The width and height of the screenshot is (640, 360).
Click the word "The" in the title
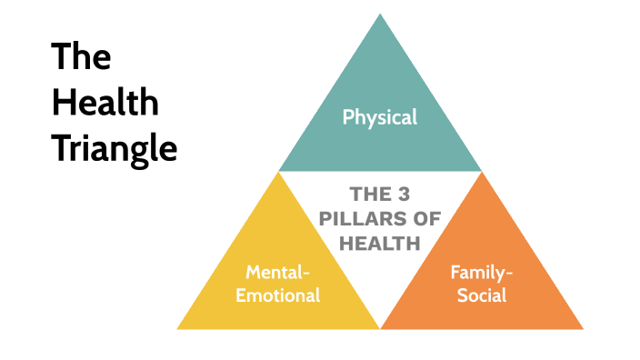[81, 57]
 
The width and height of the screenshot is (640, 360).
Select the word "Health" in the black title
[105, 102]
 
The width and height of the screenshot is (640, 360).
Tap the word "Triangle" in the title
[114, 147]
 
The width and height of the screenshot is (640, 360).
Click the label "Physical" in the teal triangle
[380, 116]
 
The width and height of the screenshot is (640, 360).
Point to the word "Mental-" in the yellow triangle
[278, 271]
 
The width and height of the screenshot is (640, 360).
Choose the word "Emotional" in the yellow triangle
[278, 295]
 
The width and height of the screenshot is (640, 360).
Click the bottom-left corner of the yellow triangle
[177, 328]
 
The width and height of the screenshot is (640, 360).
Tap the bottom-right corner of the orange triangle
[583, 328]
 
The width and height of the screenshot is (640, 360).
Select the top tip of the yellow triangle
[278, 173]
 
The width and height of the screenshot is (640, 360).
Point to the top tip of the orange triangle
[481, 173]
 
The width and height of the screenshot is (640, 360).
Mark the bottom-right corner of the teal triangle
[481, 171]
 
